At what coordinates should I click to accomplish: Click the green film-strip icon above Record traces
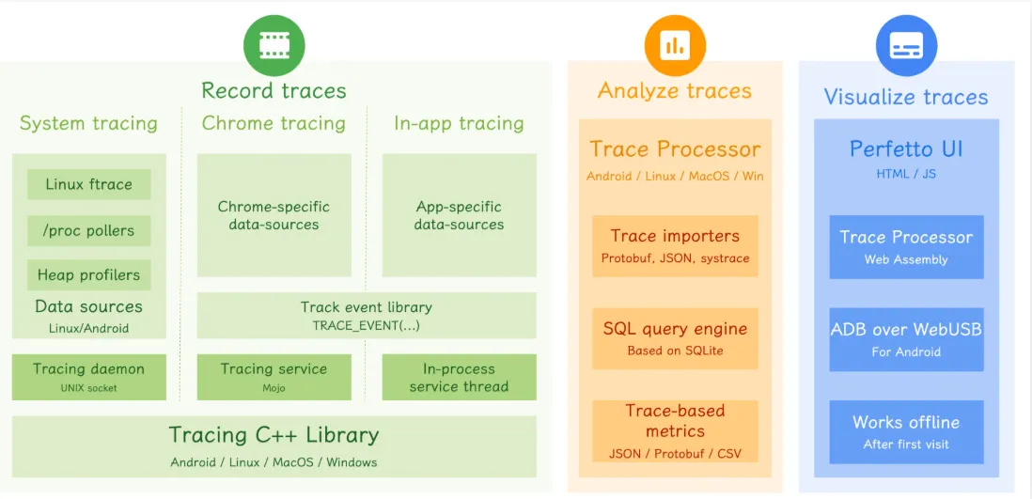click(274, 45)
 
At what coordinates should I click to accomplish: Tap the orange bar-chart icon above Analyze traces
click(675, 45)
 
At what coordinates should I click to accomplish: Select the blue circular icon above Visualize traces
click(906, 45)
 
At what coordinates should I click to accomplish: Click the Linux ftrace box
click(89, 184)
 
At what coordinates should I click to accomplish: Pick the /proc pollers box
click(89, 230)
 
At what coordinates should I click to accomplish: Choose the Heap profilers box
click(89, 274)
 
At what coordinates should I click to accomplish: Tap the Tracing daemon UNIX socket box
click(89, 377)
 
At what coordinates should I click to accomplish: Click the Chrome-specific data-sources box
click(274, 215)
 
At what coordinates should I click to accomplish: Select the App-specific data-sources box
click(459, 215)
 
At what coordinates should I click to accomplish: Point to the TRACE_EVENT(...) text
click(366, 325)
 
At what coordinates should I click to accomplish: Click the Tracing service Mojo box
click(274, 377)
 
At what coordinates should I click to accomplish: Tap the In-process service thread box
click(459, 377)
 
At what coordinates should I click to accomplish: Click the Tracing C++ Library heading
click(274, 435)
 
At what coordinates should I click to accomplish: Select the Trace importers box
click(675, 245)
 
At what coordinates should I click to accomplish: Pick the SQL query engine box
click(675, 338)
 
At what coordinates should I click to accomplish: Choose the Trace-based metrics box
click(675, 431)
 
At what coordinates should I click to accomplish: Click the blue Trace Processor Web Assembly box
click(906, 247)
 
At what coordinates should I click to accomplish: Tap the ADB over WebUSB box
click(906, 339)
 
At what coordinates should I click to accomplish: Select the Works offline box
click(906, 432)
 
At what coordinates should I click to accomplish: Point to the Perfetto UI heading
click(906, 149)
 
